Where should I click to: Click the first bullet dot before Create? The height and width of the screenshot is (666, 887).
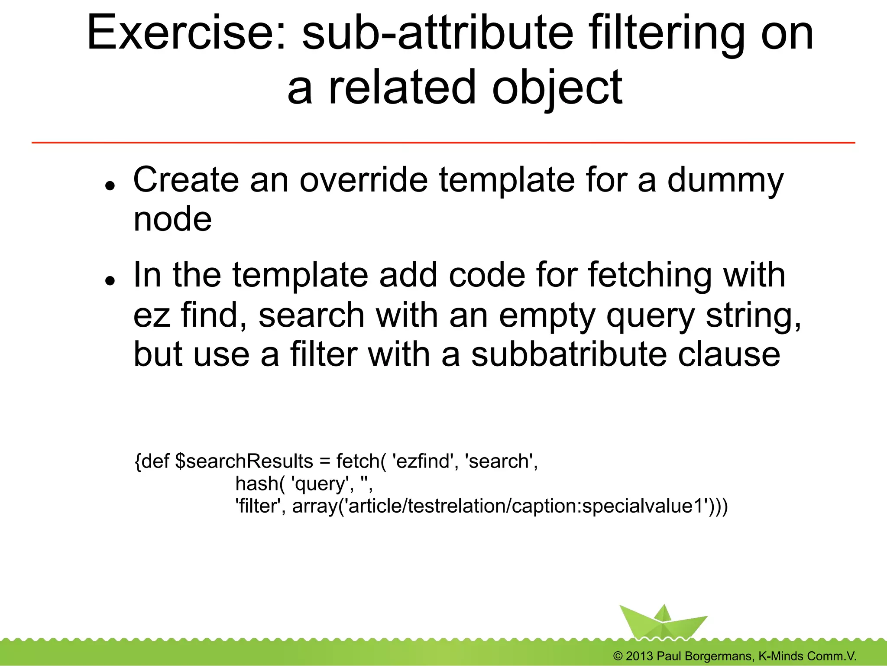[110, 185]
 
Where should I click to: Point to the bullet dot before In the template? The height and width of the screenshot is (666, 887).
[110, 280]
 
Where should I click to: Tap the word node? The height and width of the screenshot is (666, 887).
[172, 219]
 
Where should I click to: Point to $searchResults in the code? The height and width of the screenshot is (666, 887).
[244, 461]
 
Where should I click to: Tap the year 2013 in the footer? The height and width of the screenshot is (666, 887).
[639, 656]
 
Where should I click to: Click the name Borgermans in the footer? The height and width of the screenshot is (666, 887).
[717, 656]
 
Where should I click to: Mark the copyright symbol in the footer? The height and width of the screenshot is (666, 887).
[618, 656]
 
